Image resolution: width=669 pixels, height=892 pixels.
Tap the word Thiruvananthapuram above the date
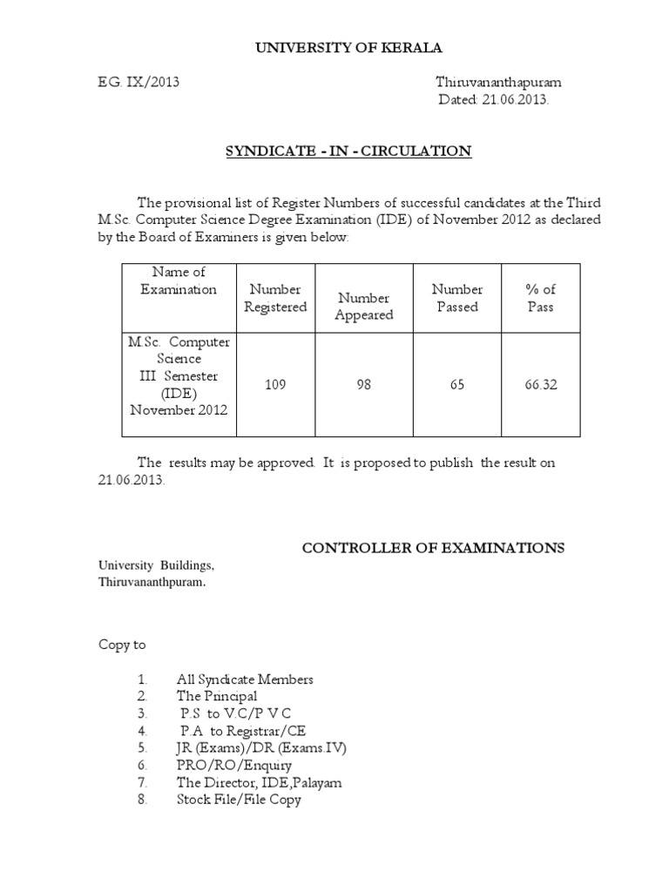498,83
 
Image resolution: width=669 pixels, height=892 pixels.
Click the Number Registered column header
275,298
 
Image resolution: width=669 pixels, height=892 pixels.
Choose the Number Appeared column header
364,307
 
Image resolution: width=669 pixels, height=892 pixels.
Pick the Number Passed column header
457,298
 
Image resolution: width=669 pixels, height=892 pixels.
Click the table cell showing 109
275,385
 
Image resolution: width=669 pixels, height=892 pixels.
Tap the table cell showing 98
364,385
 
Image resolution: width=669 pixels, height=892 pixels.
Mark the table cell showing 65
457,385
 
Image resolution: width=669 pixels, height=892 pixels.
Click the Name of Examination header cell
179,280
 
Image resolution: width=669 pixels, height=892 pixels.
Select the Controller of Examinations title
433,548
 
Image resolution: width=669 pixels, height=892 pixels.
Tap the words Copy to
121,645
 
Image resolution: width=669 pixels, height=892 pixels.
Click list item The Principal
216,696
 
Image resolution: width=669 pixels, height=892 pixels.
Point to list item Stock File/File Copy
239,799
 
